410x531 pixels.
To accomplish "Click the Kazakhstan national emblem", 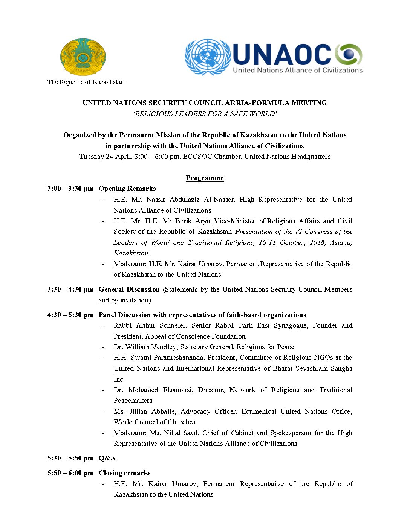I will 83,57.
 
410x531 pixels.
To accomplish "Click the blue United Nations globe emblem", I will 208,57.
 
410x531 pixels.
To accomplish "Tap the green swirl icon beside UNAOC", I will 349,54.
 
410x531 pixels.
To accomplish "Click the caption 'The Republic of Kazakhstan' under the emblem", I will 86,82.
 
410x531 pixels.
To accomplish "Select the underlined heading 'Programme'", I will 205,178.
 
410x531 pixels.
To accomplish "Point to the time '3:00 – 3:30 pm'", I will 70,189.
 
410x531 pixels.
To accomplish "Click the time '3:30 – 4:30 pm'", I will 70,289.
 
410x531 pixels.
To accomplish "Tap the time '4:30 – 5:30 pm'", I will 70,315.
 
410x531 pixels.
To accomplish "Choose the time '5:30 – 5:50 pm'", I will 70,458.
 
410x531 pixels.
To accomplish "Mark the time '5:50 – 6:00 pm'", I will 70,473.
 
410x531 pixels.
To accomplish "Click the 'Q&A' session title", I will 107,458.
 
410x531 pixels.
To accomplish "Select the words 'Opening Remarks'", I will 127,189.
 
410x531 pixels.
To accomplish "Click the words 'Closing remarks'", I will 124,473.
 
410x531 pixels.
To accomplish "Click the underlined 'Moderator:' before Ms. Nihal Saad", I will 130,433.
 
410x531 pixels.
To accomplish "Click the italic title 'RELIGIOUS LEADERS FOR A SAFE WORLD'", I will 205,114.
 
